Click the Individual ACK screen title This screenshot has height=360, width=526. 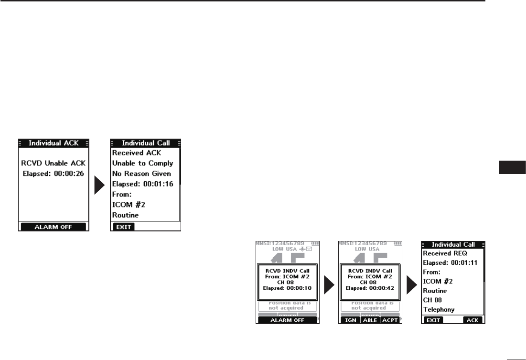tap(54, 143)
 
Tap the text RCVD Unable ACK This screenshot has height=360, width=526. tap(54, 164)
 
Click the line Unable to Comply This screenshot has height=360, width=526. tap(142, 164)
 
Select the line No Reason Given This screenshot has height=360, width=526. tap(141, 174)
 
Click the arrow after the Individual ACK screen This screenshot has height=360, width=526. tap(99, 185)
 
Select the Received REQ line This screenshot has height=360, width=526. tap(444, 253)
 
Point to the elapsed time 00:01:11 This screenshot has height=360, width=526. tap(466, 262)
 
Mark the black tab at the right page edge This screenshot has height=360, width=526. tap(512, 168)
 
